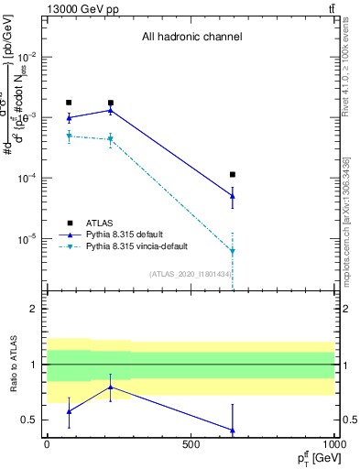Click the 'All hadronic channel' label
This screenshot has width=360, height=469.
pyautogui.click(x=191, y=38)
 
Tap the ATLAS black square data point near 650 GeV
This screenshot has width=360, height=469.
pyautogui.click(x=233, y=174)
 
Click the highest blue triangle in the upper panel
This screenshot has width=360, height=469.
pyautogui.click(x=111, y=111)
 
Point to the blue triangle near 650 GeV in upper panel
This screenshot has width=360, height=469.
pyautogui.click(x=233, y=195)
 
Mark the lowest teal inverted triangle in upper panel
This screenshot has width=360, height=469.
pyautogui.click(x=233, y=251)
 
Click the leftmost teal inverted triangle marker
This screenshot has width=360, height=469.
pyautogui.click(x=69, y=136)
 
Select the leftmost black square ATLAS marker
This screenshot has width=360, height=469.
pyautogui.click(x=69, y=103)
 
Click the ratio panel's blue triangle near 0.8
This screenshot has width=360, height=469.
pyautogui.click(x=111, y=387)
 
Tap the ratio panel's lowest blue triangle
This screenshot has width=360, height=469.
pyautogui.click(x=233, y=430)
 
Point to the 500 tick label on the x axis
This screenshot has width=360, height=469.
pyautogui.click(x=191, y=444)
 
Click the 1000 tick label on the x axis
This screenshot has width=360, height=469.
pyautogui.click(x=334, y=444)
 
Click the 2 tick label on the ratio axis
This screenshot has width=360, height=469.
pyautogui.click(x=34, y=309)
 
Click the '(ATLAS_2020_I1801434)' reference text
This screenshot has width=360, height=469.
pyautogui.click(x=191, y=274)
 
